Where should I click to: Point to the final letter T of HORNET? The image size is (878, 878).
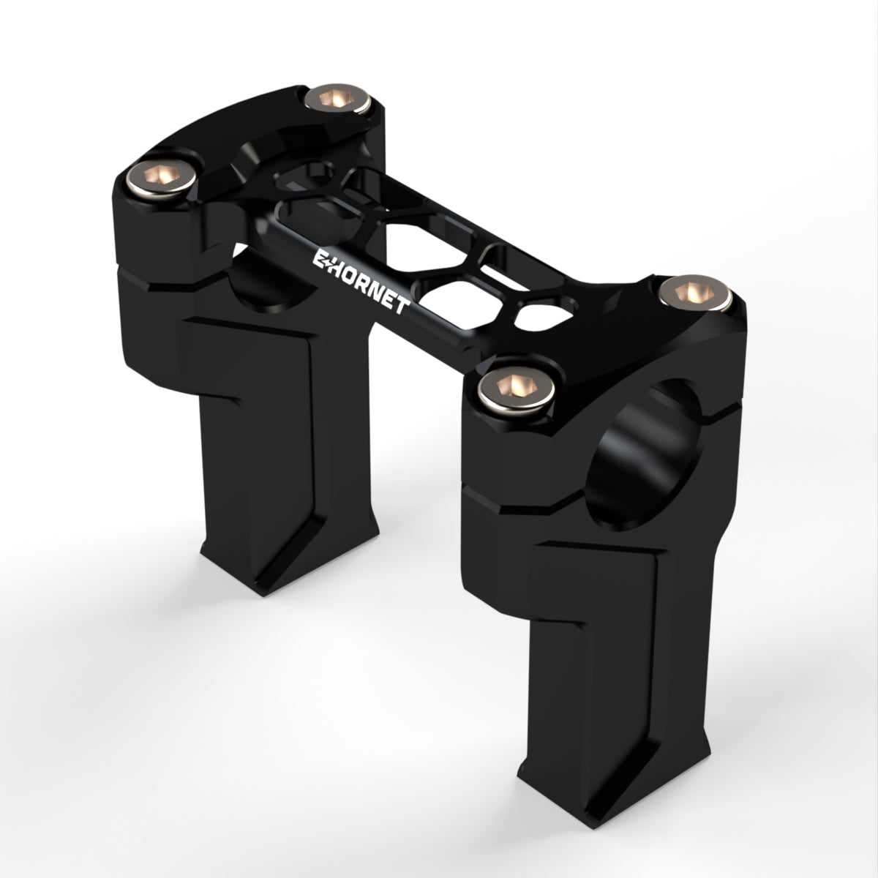pyautogui.click(x=401, y=304)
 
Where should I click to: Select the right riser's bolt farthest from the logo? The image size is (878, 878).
pyautogui.click(x=695, y=293)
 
